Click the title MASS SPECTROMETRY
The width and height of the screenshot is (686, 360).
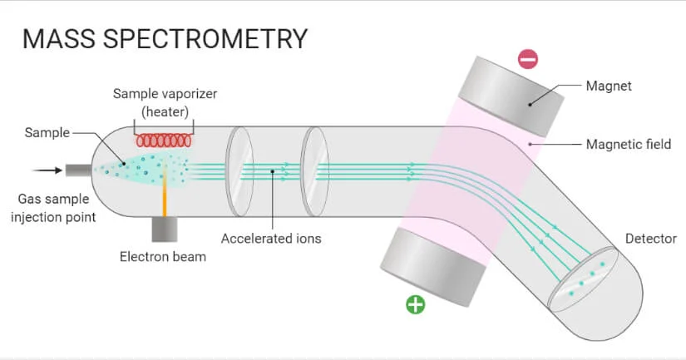[x=165, y=39]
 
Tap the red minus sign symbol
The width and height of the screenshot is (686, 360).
[x=528, y=59]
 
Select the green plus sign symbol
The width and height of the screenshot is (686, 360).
[x=415, y=304]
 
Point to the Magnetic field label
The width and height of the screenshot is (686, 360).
[x=628, y=144]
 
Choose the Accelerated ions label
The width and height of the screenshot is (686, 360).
[x=271, y=239]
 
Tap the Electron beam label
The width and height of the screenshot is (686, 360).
[x=163, y=257]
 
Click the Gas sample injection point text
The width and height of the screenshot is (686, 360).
[x=58, y=208]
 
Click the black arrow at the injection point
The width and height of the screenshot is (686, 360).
[x=47, y=170]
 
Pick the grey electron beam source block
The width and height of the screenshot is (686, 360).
[x=164, y=228]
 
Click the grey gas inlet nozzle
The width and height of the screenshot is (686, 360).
[x=79, y=170]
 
